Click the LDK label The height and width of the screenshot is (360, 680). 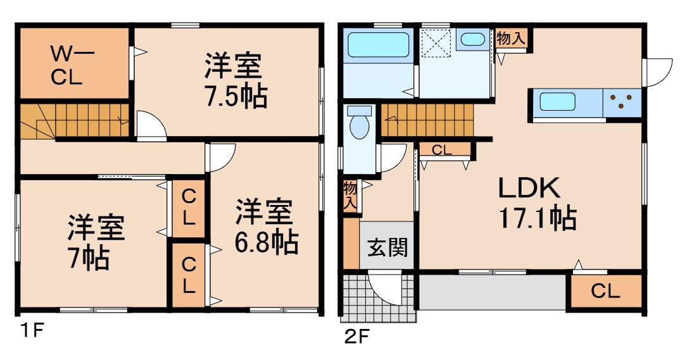(529, 188)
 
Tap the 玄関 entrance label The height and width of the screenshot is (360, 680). (387, 247)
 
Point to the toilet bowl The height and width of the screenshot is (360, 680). (360, 123)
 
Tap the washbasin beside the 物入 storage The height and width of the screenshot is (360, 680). (473, 39)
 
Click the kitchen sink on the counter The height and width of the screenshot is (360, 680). (557, 102)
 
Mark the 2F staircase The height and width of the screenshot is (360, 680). (427, 120)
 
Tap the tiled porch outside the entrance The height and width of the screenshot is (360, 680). (378, 298)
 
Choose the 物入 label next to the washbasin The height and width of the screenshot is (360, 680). (510, 39)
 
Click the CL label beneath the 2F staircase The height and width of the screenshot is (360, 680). (442, 150)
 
